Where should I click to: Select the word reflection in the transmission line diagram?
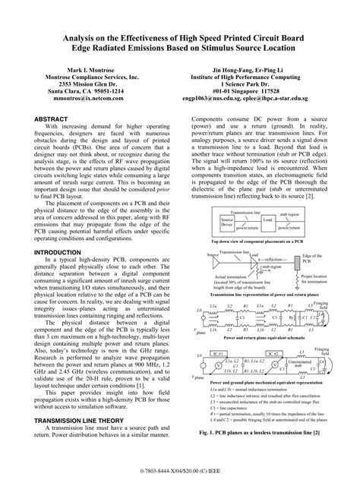pos(255,258)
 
